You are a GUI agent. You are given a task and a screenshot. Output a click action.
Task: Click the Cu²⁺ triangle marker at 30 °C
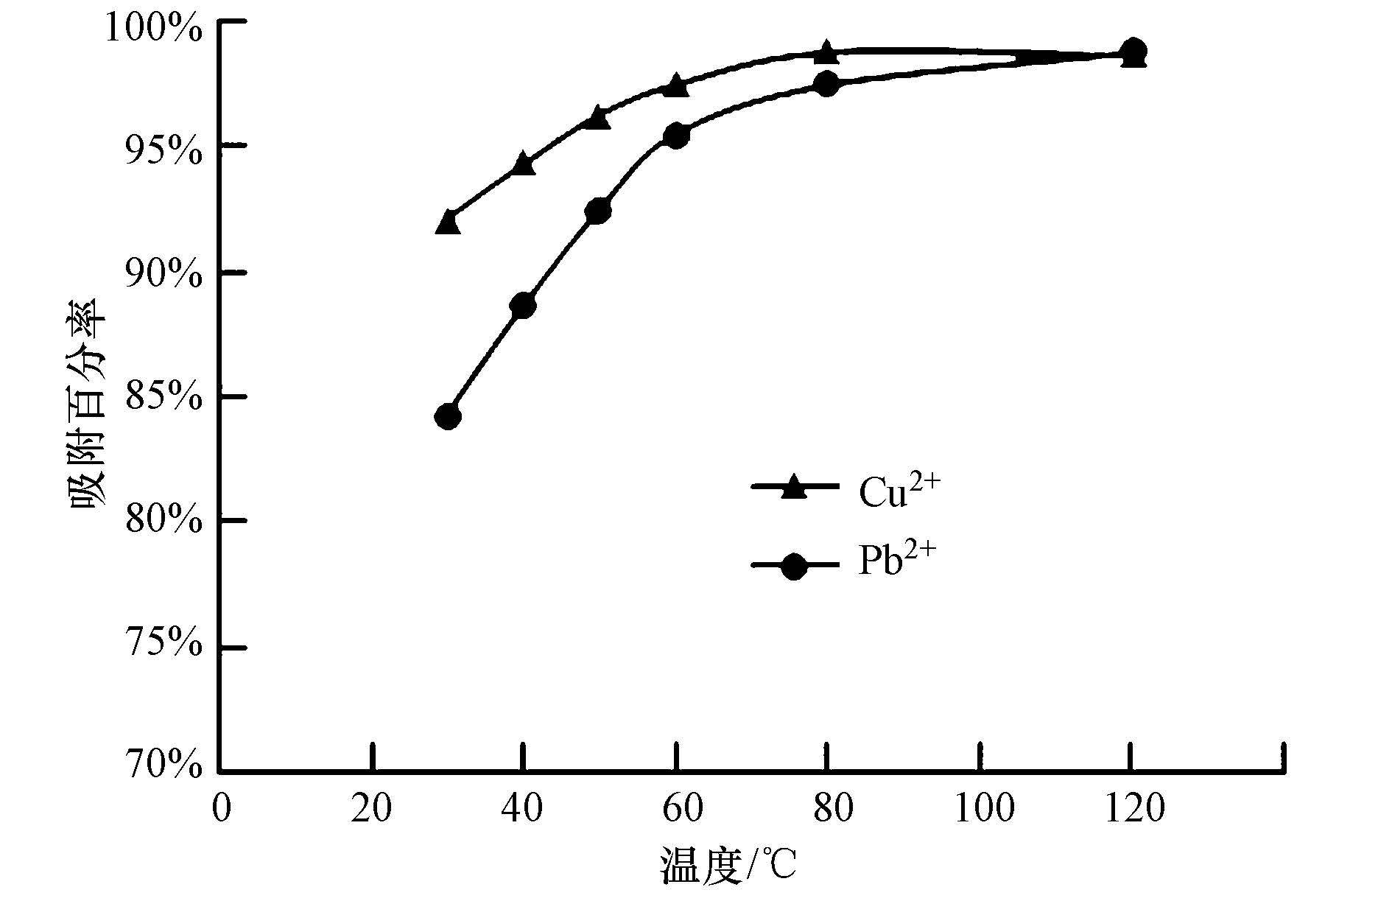click(448, 222)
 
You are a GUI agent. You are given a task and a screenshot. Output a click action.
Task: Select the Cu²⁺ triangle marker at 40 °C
click(523, 164)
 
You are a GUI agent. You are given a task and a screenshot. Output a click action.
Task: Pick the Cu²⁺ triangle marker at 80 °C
click(826, 53)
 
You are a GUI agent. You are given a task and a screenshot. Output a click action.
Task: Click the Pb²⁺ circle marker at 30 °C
click(448, 417)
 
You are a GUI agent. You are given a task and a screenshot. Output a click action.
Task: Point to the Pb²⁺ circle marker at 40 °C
click(523, 305)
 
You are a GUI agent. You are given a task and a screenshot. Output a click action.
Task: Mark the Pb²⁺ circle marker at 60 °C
click(675, 136)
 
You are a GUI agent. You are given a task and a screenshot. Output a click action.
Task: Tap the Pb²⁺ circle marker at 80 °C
click(826, 84)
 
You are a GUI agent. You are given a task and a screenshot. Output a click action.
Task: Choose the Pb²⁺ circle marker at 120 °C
click(1133, 51)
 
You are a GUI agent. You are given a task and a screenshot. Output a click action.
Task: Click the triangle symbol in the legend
click(793, 488)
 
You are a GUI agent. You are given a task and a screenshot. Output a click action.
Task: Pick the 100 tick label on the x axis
click(979, 807)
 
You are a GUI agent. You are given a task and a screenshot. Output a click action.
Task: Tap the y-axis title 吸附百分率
click(87, 402)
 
